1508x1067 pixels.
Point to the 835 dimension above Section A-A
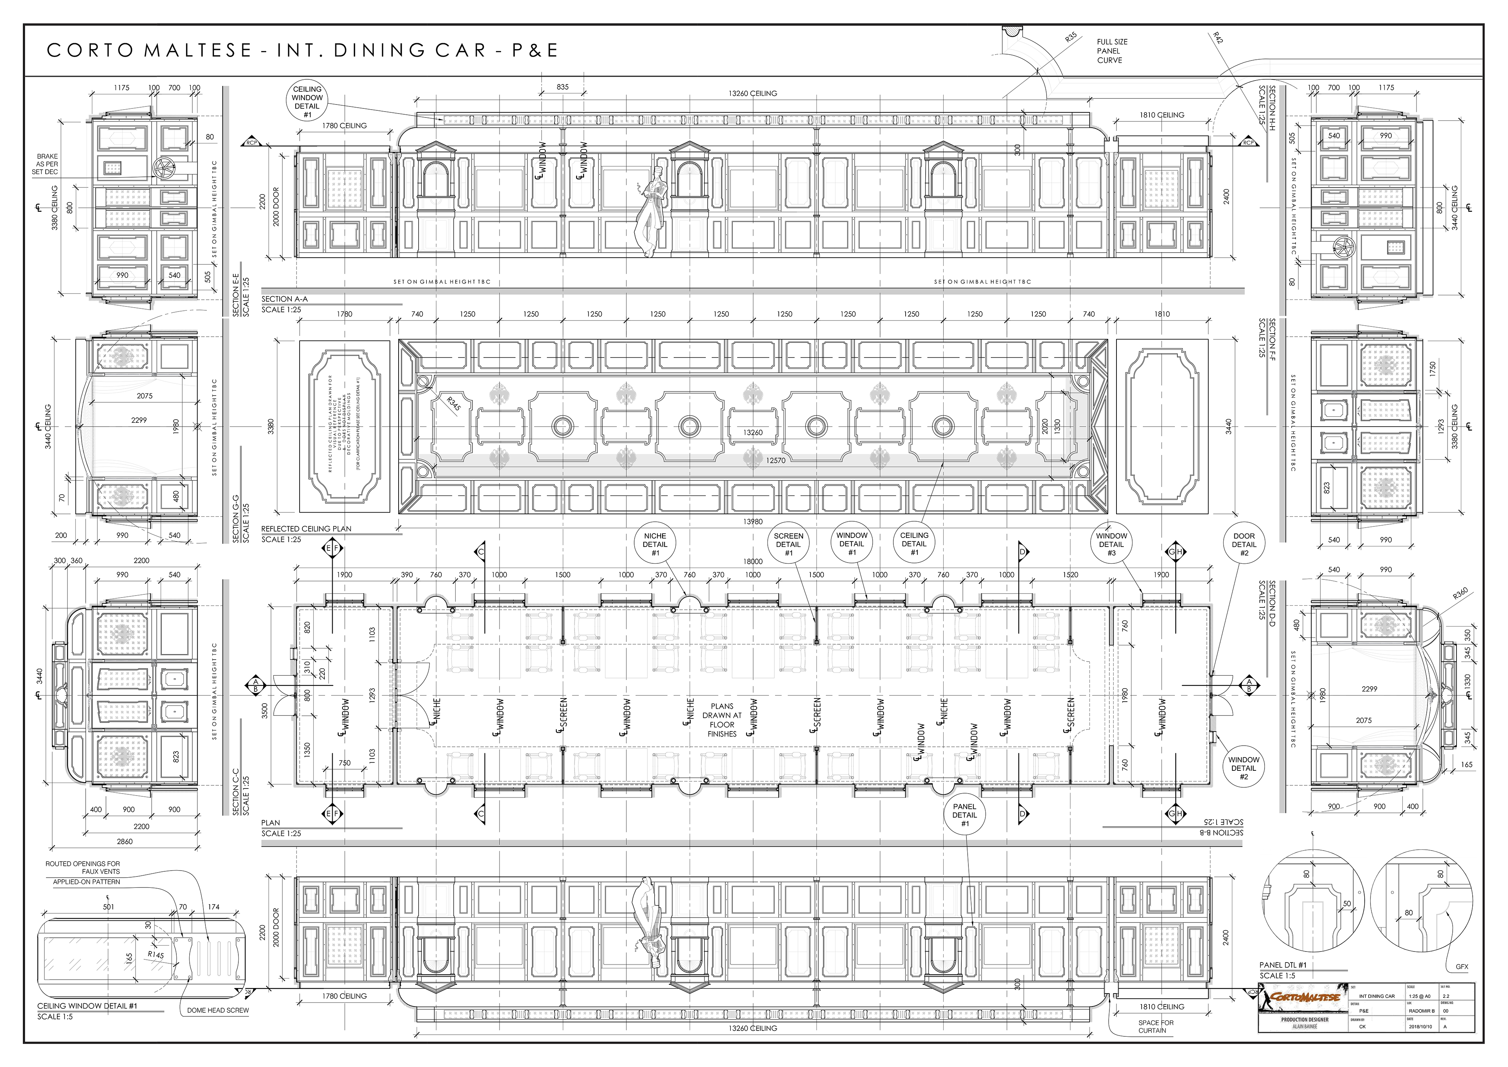(x=562, y=87)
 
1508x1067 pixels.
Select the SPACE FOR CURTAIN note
(x=1156, y=1026)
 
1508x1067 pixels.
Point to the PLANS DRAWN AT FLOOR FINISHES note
(x=722, y=720)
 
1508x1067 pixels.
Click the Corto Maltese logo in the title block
(x=1303, y=997)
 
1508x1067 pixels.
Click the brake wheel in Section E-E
(x=161, y=168)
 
